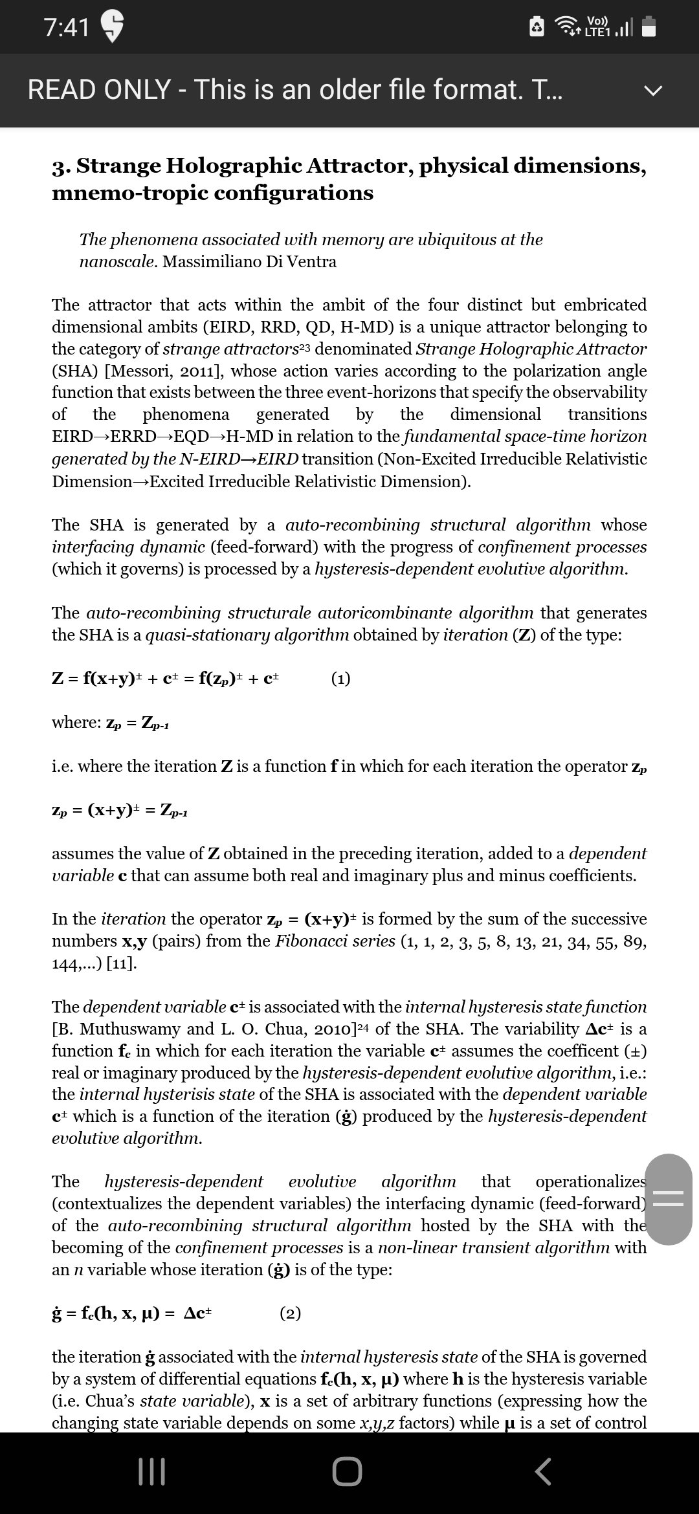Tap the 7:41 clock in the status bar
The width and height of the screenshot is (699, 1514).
coord(67,27)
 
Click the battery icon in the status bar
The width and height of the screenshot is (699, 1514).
coord(649,27)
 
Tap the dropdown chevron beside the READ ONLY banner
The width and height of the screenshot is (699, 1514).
coord(654,91)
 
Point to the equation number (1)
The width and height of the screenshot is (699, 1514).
coord(340,679)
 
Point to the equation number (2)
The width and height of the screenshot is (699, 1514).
coord(290,1313)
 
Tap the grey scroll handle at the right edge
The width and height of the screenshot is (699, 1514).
coord(669,1199)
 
